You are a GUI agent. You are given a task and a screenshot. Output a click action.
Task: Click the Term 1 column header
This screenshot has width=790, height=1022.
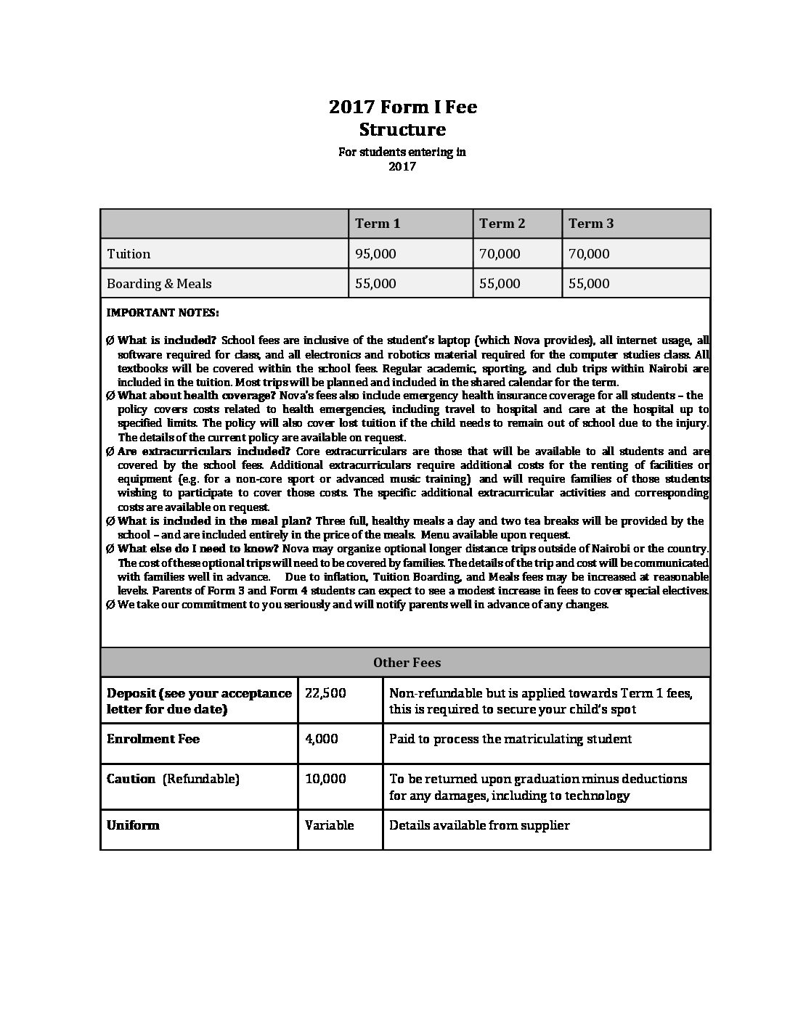pyautogui.click(x=378, y=224)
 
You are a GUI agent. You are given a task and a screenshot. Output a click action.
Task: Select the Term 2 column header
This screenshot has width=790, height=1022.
pyautogui.click(x=502, y=224)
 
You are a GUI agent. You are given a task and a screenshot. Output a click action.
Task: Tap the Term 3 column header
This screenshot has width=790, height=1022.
pyautogui.click(x=591, y=224)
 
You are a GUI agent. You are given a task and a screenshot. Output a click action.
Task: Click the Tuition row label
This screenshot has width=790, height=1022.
pyautogui.click(x=129, y=254)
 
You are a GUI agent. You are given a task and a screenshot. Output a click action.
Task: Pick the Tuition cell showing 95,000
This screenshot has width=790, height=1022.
pyautogui.click(x=375, y=254)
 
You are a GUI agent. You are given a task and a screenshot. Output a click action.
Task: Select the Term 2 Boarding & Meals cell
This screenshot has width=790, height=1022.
pyautogui.click(x=500, y=284)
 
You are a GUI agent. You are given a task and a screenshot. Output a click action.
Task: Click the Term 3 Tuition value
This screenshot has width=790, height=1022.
pyautogui.click(x=589, y=254)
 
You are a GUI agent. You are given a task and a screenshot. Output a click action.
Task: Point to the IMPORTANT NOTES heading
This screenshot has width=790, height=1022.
pyautogui.click(x=163, y=313)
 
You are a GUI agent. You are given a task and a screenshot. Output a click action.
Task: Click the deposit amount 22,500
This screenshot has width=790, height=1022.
pyautogui.click(x=325, y=693)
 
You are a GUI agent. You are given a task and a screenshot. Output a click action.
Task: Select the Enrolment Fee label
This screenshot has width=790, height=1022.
pyautogui.click(x=153, y=739)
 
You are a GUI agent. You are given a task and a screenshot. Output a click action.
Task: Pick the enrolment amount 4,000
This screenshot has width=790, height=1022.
pyautogui.click(x=322, y=739)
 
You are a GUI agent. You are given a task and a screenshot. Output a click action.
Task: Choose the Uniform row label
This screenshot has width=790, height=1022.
pyautogui.click(x=133, y=825)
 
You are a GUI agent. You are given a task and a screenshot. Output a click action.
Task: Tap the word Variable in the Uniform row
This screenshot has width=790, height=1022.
pyautogui.click(x=330, y=825)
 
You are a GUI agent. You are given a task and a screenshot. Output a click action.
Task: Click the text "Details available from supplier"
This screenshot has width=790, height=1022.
pyautogui.click(x=479, y=825)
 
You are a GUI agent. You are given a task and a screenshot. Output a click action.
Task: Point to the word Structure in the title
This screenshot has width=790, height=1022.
pyautogui.click(x=402, y=130)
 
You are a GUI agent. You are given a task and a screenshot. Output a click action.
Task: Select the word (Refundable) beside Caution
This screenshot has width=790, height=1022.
pyautogui.click(x=200, y=779)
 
